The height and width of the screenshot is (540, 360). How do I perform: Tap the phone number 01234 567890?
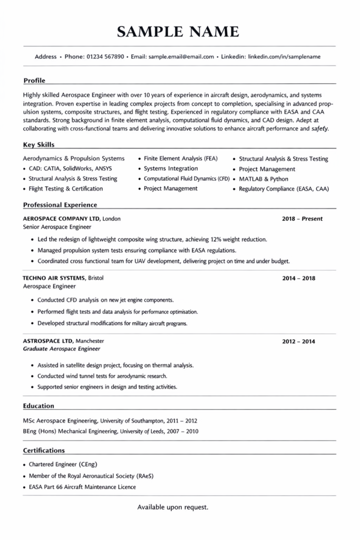pos(105,56)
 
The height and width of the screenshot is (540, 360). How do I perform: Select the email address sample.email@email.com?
pos(181,56)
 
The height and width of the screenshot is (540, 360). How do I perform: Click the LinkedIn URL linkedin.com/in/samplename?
pos(284,56)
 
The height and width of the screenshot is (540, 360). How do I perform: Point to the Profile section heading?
pos(34,81)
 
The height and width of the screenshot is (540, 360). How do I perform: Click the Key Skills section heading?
pos(38,144)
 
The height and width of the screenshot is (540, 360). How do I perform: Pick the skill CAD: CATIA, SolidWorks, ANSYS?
pos(70,169)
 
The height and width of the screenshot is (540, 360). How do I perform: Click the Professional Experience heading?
pos(60,205)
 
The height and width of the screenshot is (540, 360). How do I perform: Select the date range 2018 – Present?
pos(302,219)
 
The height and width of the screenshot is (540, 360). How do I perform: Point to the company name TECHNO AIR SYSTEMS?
pos(54,278)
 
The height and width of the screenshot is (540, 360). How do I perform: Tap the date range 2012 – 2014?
pos(298,341)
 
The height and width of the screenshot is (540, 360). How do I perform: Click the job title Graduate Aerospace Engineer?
pos(62,349)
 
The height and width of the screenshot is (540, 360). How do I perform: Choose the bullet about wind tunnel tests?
pos(102,376)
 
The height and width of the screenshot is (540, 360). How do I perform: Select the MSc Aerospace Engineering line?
pos(110,421)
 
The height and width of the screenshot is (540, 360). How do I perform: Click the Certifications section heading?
pos(44,450)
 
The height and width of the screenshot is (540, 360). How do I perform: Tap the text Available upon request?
pos(173,507)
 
